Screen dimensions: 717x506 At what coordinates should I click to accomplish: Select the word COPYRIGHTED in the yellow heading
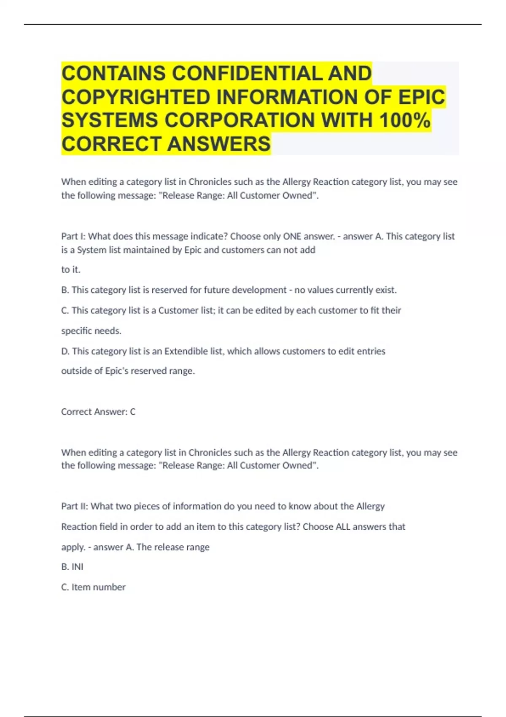click(x=136, y=97)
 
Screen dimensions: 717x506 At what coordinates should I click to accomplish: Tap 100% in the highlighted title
click(x=405, y=120)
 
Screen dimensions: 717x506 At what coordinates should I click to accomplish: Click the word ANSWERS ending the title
click(x=219, y=144)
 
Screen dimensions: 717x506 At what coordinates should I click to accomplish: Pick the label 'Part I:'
click(x=73, y=236)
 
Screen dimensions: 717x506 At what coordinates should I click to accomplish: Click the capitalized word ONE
click(x=292, y=236)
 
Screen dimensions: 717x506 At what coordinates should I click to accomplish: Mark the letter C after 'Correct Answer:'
click(x=132, y=412)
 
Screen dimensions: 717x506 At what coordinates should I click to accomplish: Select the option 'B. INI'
click(x=72, y=566)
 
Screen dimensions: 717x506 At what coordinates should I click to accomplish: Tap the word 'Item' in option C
click(x=81, y=587)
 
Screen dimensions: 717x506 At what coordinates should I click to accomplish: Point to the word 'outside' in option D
click(x=76, y=371)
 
